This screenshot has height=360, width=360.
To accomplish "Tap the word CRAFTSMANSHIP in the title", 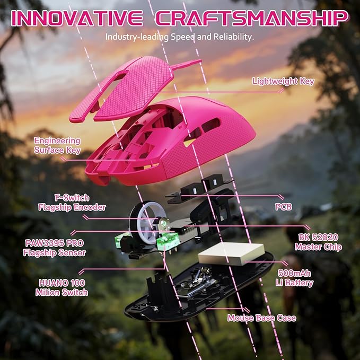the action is pyautogui.click(x=252, y=18).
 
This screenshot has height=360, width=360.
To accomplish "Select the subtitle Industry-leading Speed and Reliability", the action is pyautogui.click(x=180, y=37).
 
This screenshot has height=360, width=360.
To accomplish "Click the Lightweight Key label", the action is pyautogui.click(x=283, y=81).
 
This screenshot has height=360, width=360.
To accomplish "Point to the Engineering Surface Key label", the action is pyautogui.click(x=57, y=145).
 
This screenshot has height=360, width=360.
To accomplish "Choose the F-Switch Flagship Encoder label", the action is pyautogui.click(x=72, y=203).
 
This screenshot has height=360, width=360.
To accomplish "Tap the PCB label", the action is pyautogui.click(x=284, y=207).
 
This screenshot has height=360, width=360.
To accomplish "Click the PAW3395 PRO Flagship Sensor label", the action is pyautogui.click(x=55, y=248).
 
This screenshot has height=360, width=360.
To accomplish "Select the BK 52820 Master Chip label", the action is pyautogui.click(x=318, y=242).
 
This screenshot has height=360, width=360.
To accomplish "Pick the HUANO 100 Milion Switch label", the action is pyautogui.click(x=62, y=288).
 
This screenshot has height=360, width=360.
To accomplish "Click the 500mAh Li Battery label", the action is pyautogui.click(x=295, y=278).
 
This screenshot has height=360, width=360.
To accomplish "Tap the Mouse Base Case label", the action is pyautogui.click(x=262, y=318).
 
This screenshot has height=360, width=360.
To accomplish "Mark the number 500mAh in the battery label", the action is pyautogui.click(x=295, y=274).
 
